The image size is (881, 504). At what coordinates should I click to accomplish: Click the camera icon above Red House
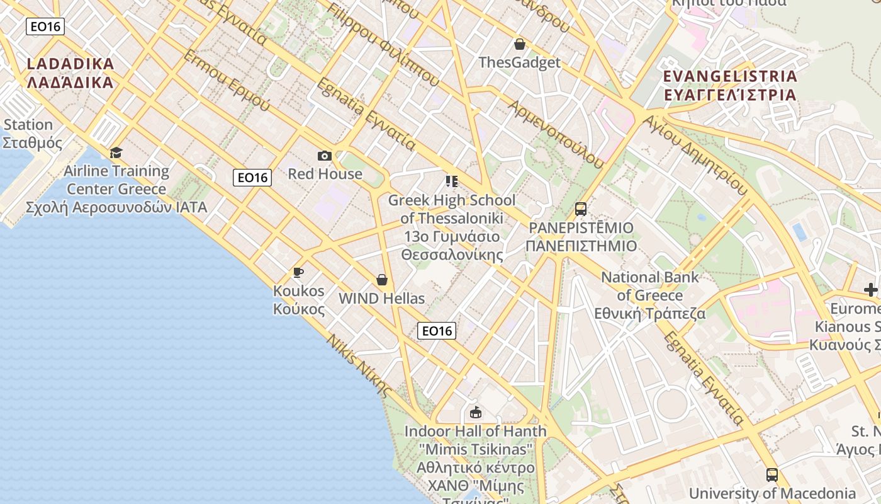pyautogui.click(x=325, y=156)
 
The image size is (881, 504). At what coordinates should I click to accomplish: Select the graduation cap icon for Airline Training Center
pyautogui.click(x=116, y=153)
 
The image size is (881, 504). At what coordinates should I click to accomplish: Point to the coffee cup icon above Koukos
pyautogui.click(x=298, y=272)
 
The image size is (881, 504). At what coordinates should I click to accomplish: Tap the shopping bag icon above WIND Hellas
pyautogui.click(x=381, y=280)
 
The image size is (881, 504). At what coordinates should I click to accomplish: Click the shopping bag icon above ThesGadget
pyautogui.click(x=519, y=44)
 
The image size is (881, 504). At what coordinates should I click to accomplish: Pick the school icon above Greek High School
pyautogui.click(x=451, y=181)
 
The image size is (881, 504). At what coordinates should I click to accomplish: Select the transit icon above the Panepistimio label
pyautogui.click(x=580, y=209)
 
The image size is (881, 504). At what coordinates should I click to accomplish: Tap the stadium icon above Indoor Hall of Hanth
pyautogui.click(x=476, y=413)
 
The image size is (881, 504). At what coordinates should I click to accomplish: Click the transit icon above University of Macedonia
pyautogui.click(x=772, y=475)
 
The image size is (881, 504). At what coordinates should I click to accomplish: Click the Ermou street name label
pyautogui.click(x=227, y=80)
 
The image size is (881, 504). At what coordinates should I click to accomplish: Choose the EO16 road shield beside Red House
pyautogui.click(x=252, y=178)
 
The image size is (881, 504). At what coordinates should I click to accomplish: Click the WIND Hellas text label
pyautogui.click(x=381, y=299)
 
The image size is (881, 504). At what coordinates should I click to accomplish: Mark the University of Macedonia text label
pyautogui.click(x=773, y=493)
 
